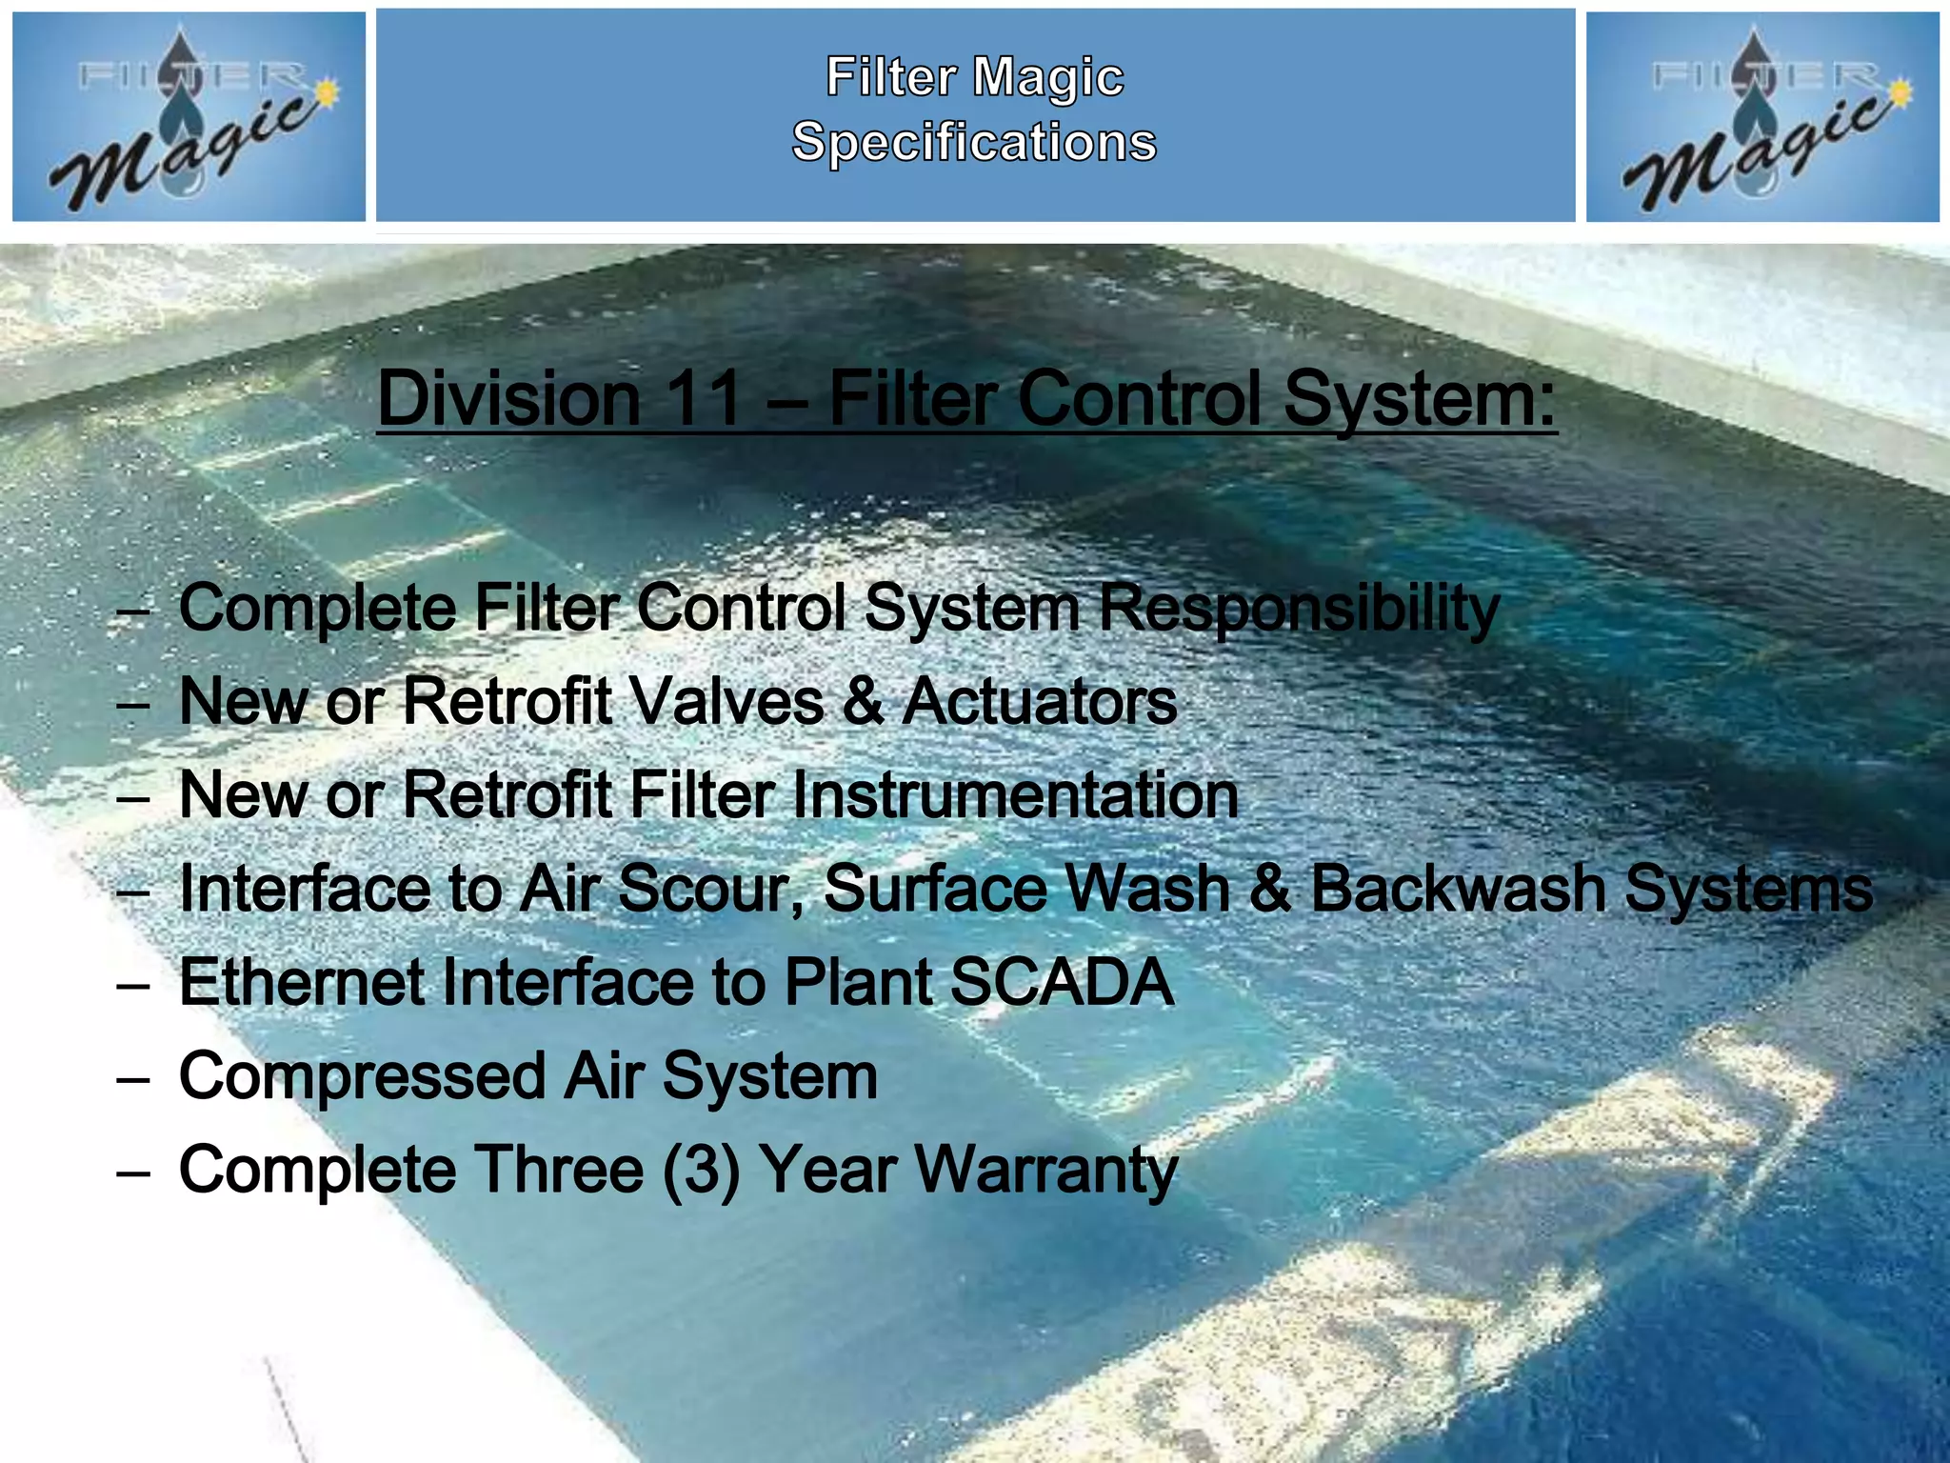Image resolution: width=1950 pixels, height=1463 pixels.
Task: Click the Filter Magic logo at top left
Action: coord(189,116)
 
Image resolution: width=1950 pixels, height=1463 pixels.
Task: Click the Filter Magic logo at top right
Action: coord(1761,116)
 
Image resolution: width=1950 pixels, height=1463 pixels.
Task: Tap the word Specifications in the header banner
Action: coord(974,142)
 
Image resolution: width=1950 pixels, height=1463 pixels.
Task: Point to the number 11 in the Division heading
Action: coord(704,398)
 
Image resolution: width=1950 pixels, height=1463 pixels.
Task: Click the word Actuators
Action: coord(1040,702)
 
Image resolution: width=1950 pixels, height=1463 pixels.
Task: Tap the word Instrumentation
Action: coord(1015,795)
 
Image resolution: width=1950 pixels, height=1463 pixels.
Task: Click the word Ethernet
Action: coord(303,982)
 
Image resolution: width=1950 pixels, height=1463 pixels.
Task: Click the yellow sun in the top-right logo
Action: coord(1900,92)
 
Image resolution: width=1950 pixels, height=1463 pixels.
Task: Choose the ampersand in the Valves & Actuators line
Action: coord(863,702)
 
